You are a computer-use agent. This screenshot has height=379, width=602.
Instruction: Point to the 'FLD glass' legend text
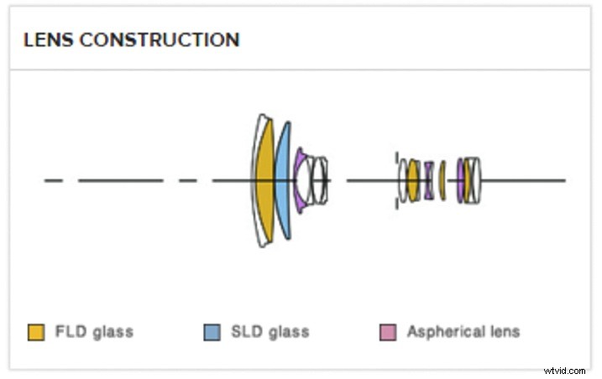(x=94, y=332)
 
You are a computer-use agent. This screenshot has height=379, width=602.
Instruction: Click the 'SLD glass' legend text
(x=270, y=332)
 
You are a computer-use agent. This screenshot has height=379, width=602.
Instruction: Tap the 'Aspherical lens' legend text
(x=463, y=332)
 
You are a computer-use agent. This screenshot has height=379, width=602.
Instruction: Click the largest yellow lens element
(x=265, y=180)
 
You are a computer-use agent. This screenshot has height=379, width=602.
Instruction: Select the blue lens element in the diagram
(x=284, y=180)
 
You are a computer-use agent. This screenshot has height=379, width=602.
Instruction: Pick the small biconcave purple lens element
(x=428, y=180)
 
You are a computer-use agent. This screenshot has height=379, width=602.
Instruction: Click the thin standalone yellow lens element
(x=442, y=180)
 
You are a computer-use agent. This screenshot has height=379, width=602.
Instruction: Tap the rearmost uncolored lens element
(x=477, y=180)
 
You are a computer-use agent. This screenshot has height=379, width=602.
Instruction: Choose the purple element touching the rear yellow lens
(x=460, y=180)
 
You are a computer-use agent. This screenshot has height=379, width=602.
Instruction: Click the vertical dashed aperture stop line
(x=396, y=180)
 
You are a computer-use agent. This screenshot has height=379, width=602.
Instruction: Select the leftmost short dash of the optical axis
(x=53, y=180)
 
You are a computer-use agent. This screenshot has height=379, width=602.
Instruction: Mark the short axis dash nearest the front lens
(x=188, y=180)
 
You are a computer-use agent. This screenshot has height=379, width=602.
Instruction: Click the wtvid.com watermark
(x=565, y=369)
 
